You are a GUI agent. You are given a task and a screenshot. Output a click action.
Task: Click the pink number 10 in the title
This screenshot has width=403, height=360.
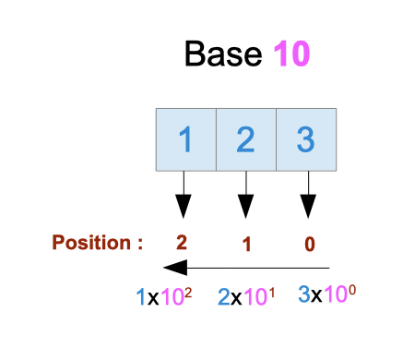tap(290, 53)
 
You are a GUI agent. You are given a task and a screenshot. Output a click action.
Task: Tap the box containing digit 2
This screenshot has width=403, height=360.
tap(245, 140)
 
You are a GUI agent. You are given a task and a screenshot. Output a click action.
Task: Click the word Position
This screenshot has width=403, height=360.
tap(91, 244)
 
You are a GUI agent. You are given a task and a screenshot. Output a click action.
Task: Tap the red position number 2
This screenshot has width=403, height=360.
tap(183, 244)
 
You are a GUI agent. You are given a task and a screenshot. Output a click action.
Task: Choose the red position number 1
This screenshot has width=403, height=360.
tap(245, 245)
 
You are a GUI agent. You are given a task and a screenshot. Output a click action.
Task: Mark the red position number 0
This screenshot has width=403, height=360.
tap(309, 245)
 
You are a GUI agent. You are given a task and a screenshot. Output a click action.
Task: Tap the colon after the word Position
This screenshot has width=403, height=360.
tap(139, 245)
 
